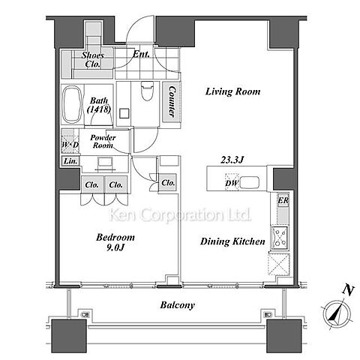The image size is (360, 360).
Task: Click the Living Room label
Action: (232, 91)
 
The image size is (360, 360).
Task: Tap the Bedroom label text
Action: (115, 237)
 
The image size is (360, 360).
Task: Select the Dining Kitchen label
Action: (232, 241)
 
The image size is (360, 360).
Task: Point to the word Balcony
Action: (177, 305)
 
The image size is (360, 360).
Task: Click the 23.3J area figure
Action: (232, 160)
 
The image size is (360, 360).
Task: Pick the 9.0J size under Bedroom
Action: (115, 247)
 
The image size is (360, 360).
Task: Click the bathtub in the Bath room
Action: (72, 104)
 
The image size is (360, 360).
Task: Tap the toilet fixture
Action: (147, 91)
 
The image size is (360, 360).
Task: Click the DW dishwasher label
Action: (232, 183)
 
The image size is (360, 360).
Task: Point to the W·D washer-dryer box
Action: (70, 142)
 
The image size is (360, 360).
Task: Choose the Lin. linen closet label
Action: (70, 161)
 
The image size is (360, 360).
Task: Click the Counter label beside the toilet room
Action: (172, 101)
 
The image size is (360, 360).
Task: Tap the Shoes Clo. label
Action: (93, 59)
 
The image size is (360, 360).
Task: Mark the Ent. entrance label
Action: (141, 54)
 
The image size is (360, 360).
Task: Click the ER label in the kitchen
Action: (283, 200)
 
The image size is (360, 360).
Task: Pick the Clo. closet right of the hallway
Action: (168, 183)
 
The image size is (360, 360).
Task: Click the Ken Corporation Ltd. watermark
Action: (180, 214)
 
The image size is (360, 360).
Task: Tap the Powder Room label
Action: (103, 142)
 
